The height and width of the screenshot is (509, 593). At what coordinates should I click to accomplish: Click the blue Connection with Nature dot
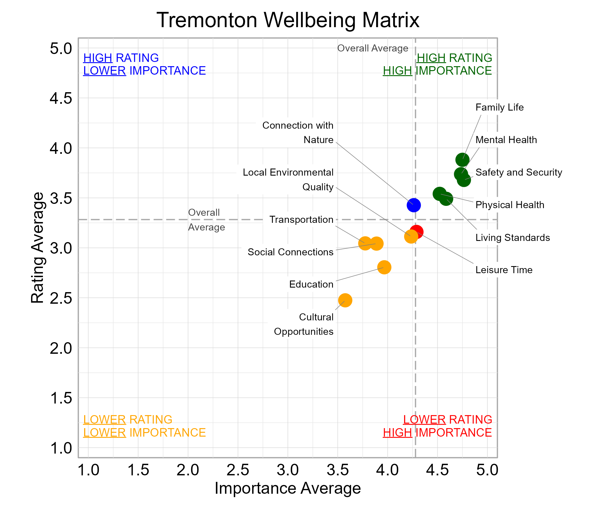[x=414, y=205]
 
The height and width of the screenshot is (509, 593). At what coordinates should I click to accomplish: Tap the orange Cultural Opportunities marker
[x=345, y=300]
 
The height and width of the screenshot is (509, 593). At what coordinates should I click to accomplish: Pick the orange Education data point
[x=384, y=268]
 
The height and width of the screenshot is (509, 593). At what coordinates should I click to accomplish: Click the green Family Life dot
[x=462, y=160]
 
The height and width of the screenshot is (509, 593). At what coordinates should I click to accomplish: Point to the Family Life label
[x=500, y=107]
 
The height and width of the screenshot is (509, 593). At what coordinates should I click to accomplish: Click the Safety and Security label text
[x=518, y=172]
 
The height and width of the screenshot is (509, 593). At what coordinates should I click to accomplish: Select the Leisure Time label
[x=504, y=270]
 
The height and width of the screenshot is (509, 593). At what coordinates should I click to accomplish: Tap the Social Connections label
[x=291, y=252]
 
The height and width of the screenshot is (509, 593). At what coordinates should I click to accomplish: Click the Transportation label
[x=301, y=220]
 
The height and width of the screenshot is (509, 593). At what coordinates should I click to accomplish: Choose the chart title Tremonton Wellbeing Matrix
[x=288, y=20]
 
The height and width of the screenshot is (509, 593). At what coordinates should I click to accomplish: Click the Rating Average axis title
[x=38, y=248]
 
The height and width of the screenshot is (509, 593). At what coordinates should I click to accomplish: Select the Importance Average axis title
[x=288, y=488]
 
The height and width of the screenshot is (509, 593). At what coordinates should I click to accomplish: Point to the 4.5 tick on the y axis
[x=61, y=98]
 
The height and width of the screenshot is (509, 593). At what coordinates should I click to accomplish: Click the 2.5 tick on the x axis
[x=237, y=470]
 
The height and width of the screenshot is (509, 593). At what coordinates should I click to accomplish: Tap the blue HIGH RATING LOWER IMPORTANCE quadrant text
[x=144, y=64]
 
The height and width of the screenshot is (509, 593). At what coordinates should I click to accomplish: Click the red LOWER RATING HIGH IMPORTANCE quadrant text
[x=437, y=426]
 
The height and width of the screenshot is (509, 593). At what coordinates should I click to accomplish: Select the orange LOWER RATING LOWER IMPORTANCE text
[x=144, y=426]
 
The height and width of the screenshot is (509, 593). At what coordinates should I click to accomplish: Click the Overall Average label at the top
[x=373, y=48]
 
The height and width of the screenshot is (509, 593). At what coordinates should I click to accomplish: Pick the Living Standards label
[x=513, y=238]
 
